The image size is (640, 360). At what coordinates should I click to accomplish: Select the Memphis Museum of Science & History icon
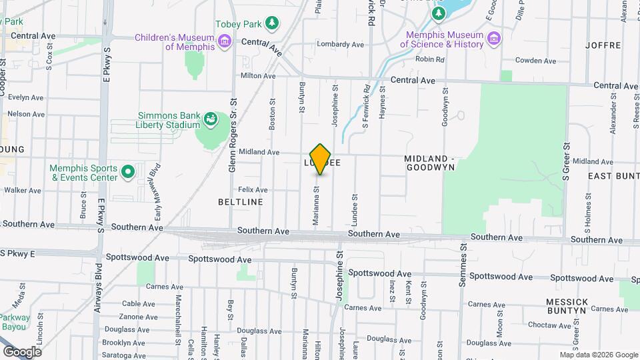(493, 36)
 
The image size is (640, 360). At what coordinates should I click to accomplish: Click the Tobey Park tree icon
(272, 24)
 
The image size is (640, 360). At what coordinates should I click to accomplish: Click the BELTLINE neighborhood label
(240, 201)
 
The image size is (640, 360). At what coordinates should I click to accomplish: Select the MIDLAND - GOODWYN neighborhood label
(429, 163)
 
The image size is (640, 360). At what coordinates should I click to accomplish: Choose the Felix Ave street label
(253, 190)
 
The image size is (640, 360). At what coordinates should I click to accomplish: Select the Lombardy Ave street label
(340, 45)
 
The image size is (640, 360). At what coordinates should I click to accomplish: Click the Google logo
(22, 351)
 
